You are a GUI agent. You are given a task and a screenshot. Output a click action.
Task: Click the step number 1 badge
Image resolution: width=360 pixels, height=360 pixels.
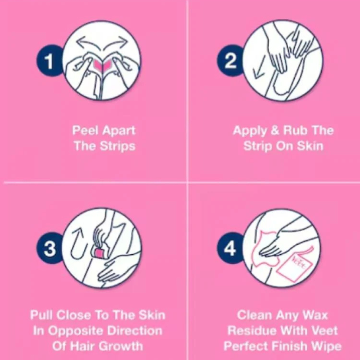coord(49,61)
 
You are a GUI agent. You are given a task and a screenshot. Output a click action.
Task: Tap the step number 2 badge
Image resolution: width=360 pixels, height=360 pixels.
coord(231,61)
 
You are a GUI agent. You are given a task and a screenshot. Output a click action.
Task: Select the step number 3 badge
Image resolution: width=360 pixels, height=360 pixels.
coord(49,248)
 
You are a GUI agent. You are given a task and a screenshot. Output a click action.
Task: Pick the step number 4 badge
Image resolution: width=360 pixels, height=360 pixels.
coord(230,248)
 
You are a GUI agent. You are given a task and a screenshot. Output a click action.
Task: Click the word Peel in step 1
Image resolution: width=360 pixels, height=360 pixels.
coord(84,130)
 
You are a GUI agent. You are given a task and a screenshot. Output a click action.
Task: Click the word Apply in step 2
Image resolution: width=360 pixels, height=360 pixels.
coord(250,130)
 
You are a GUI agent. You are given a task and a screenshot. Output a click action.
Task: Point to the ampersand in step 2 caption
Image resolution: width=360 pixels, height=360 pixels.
coord(276,130)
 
